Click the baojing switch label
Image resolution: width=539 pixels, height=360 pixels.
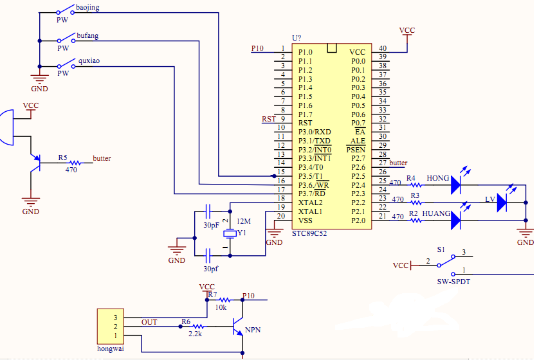pos(87,8)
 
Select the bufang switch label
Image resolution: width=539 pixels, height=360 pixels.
pos(87,36)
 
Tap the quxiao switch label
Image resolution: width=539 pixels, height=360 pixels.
pos(89,61)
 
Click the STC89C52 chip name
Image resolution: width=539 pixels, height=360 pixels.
pos(309,233)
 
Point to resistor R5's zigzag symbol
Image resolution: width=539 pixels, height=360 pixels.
pos(75,163)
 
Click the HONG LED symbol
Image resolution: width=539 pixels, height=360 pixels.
pos(456,184)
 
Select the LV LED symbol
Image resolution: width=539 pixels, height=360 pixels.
pos(502,203)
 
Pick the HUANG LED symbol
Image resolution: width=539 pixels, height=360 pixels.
pos(456,221)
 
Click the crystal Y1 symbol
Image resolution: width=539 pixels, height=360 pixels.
pos(230,233)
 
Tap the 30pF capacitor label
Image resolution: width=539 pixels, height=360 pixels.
pos(212,226)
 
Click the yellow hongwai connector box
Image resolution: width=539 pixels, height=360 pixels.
pos(111,327)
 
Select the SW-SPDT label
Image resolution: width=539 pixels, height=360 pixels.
pos(453,282)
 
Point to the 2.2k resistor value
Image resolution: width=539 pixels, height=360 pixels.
pos(196,334)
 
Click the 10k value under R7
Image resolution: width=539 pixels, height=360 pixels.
pos(221,308)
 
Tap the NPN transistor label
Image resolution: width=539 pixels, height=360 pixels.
pos(253,330)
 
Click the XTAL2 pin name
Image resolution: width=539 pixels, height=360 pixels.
pos(310,203)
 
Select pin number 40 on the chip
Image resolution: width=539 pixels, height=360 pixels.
pos(383,48)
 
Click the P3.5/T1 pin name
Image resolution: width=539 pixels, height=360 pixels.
pos(311,176)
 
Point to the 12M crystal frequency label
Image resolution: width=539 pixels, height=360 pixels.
pos(244,221)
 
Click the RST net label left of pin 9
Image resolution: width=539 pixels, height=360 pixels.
pos(268,119)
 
